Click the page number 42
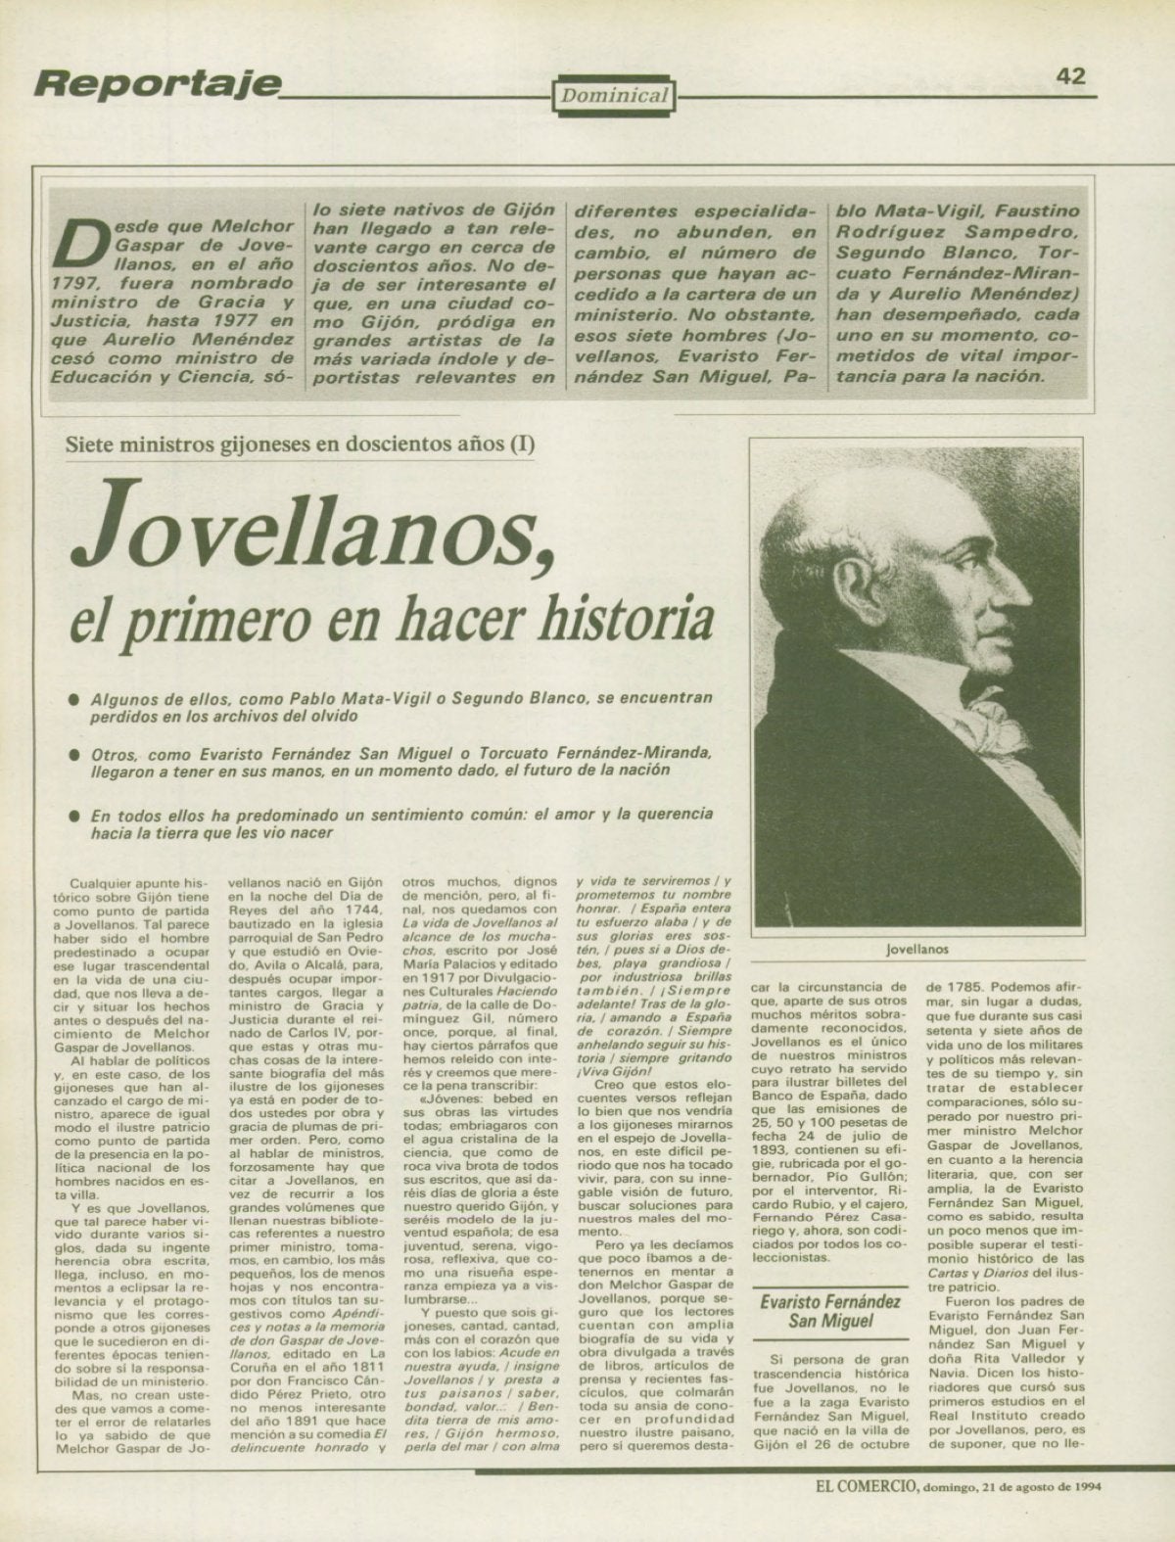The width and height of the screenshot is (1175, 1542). (1070, 75)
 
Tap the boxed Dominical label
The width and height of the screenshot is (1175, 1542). (615, 96)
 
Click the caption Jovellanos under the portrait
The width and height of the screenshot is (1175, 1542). (916, 949)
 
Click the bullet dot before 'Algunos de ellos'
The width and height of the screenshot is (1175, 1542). (73, 701)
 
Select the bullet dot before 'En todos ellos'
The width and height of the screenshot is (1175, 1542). (73, 815)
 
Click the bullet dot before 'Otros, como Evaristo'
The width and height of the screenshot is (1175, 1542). (73, 757)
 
